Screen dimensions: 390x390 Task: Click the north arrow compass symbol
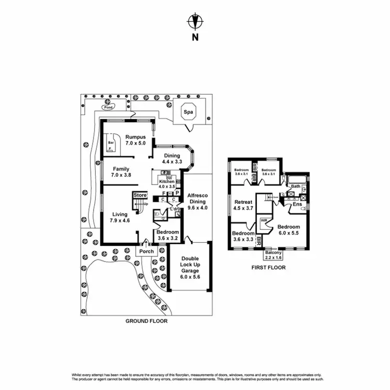[194, 22]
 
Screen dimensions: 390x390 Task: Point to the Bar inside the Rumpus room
[111, 142]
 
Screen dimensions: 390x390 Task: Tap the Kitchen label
[166, 180]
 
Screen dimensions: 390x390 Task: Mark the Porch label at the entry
[147, 251]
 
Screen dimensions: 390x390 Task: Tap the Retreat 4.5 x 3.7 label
[243, 205]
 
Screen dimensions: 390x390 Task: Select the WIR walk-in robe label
[263, 221]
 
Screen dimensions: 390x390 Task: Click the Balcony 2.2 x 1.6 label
[273, 254]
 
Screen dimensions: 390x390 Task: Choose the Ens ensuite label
[297, 204]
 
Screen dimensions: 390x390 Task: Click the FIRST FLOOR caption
[269, 268]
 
